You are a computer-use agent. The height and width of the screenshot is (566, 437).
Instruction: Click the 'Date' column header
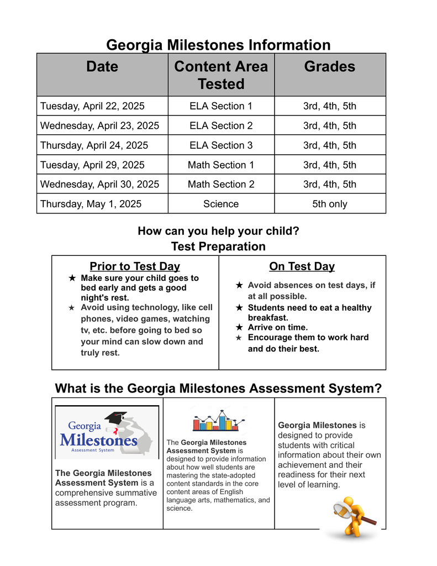102,67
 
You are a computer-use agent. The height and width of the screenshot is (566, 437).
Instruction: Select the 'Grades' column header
330,67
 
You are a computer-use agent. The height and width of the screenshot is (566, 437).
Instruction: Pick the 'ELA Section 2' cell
221,125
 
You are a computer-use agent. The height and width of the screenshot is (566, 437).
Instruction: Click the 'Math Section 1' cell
221,165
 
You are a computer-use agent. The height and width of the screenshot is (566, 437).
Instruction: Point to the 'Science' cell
221,204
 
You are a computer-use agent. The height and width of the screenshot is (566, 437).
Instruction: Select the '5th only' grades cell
330,204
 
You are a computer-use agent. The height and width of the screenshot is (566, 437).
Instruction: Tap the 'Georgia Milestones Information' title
218,45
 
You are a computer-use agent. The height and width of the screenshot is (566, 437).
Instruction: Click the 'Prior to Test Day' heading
135,266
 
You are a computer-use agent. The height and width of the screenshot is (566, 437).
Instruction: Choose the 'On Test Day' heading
302,266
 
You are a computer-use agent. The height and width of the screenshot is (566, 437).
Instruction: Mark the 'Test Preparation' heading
218,246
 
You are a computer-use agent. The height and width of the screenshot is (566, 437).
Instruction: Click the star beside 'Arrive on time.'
239,328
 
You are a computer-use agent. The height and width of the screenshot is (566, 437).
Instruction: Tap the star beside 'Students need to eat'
239,308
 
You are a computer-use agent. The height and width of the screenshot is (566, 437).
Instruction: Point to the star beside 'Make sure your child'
72,278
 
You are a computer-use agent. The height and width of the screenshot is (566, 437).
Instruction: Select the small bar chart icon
215,421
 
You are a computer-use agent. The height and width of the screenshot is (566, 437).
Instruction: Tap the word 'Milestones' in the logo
98,441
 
